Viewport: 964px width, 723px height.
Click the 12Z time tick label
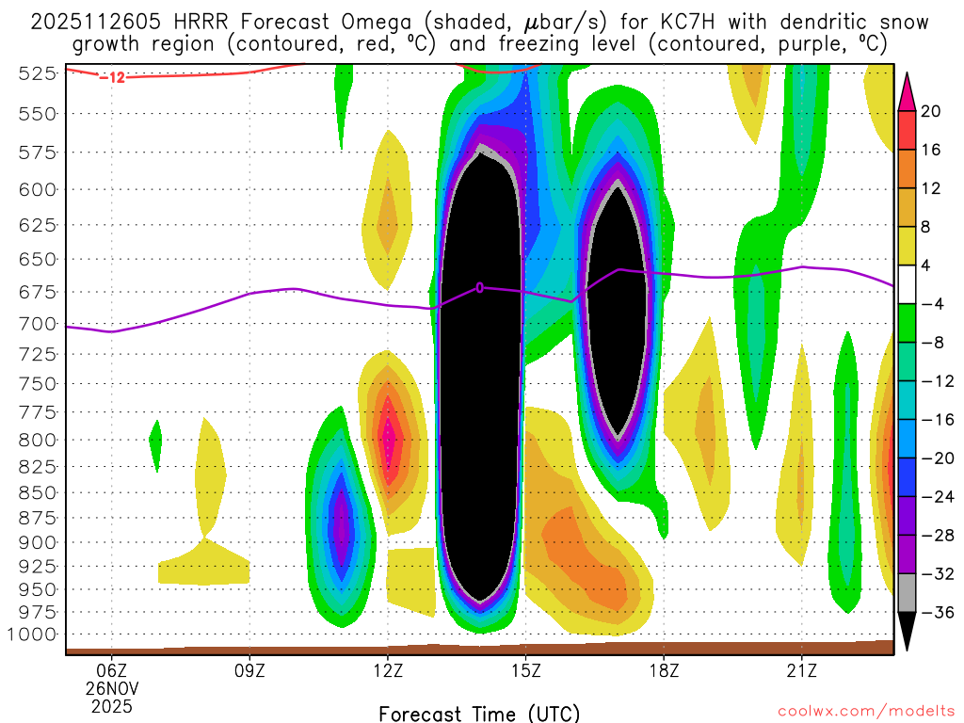click(x=388, y=671)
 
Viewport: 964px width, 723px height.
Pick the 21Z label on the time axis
click(x=801, y=671)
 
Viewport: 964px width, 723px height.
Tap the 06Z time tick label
click(x=112, y=671)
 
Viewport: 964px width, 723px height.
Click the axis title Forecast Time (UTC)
click(x=479, y=713)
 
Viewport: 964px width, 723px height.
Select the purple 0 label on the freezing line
click(x=480, y=287)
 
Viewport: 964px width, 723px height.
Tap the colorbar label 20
click(x=932, y=111)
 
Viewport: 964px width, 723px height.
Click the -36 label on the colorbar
click(x=935, y=613)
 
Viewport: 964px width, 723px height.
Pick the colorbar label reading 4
click(x=927, y=265)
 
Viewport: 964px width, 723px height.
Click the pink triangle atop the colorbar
click(x=908, y=90)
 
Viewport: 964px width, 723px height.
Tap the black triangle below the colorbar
click(x=908, y=631)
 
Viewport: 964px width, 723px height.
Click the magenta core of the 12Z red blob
click(x=388, y=439)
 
